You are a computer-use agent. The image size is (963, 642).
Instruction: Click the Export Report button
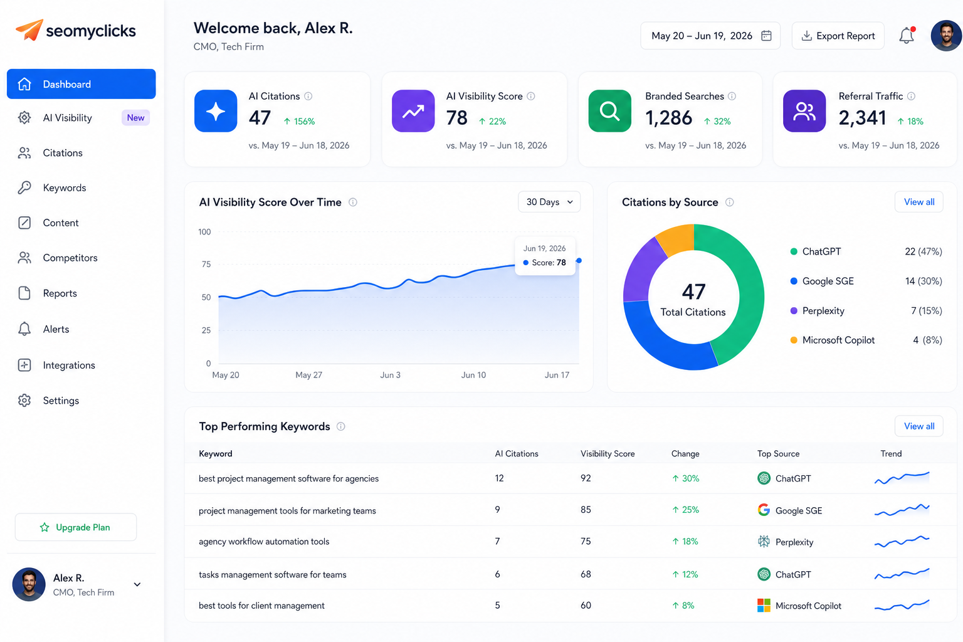[838, 36]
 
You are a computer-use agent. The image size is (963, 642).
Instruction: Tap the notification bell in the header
[907, 35]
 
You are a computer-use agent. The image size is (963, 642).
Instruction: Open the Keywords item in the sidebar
[65, 188]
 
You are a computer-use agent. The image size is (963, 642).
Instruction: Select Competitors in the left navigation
[70, 258]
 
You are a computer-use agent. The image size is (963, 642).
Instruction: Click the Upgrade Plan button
[76, 527]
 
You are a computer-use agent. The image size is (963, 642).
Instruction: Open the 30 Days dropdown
[549, 202]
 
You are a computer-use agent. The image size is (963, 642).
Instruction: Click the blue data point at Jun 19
[579, 261]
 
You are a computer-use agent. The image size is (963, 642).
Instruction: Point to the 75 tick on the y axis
[206, 264]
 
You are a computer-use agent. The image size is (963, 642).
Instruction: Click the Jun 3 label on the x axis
[391, 375]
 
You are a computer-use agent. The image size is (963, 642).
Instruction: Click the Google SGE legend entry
[828, 282]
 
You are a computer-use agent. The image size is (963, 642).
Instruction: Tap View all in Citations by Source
[919, 202]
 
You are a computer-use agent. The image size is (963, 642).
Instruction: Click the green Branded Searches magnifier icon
[609, 111]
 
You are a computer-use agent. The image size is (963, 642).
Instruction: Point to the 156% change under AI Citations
[299, 121]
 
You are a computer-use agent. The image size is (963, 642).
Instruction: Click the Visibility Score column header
[608, 454]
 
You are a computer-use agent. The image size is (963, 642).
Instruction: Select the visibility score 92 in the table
[586, 478]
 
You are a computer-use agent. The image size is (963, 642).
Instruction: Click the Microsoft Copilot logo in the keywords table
[764, 606]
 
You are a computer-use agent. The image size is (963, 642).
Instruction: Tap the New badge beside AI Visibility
[135, 118]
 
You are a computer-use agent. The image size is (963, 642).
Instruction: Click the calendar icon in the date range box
[766, 35]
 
